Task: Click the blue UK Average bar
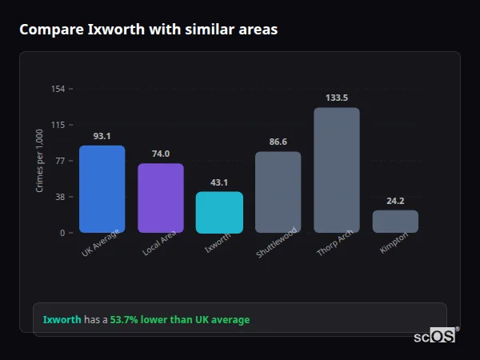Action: click(x=102, y=189)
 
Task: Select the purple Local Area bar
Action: click(x=161, y=198)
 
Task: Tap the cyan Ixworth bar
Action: click(x=219, y=212)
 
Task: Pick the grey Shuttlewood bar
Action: click(x=278, y=192)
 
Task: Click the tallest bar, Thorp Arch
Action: click(x=336, y=170)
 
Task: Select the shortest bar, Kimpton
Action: click(x=395, y=222)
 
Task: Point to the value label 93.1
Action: click(x=102, y=136)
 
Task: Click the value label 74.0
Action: click(x=161, y=154)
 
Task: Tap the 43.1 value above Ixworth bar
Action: click(x=219, y=182)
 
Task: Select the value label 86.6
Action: click(x=278, y=142)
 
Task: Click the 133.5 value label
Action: click(x=337, y=98)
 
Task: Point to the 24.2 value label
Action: click(x=395, y=201)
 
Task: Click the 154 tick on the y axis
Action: click(x=58, y=89)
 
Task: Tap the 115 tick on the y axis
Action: click(x=58, y=125)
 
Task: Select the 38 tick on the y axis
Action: click(x=59, y=197)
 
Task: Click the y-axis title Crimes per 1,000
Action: click(x=40, y=161)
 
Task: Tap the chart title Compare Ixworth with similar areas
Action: click(x=149, y=30)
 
